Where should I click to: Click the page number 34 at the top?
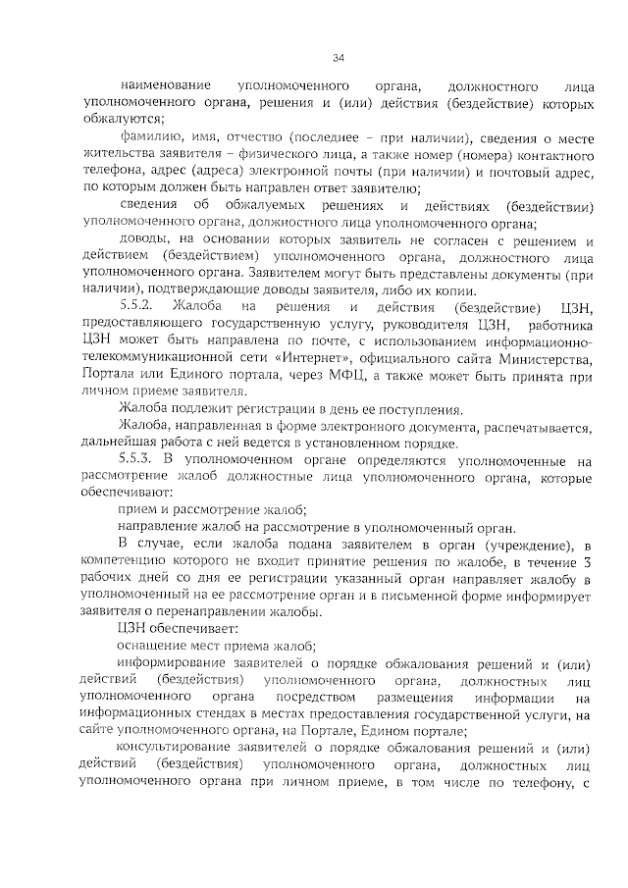point(338,57)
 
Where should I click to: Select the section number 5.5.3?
point(137,459)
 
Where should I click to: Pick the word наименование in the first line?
point(159,86)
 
